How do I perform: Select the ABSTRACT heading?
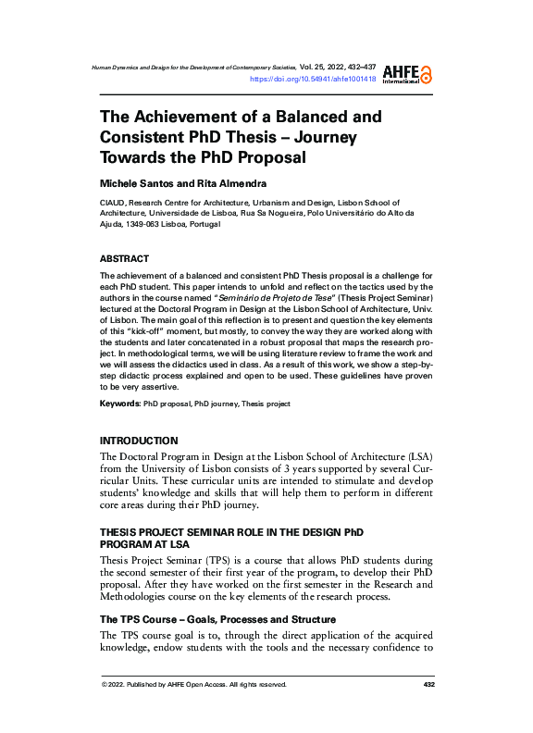124,258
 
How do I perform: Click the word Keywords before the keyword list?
119,404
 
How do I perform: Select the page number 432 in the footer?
428,685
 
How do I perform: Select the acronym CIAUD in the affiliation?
112,202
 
